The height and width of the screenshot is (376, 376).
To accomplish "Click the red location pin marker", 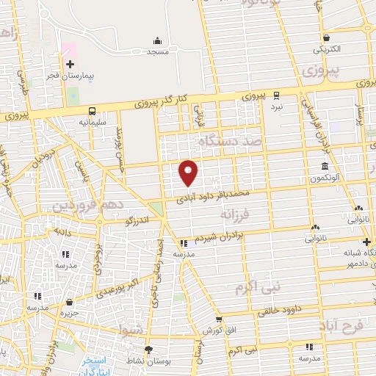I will click(189, 173).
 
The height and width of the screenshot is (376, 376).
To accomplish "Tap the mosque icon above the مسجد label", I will click(157, 40).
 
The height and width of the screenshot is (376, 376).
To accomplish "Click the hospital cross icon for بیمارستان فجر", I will click(70, 64).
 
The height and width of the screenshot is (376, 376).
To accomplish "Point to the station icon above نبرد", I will click(276, 95).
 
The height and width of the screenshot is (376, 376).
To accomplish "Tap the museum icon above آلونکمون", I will click(324, 167).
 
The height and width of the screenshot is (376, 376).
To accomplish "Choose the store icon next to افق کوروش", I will click(218, 319).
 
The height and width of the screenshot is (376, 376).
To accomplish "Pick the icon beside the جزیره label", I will click(69, 302).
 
